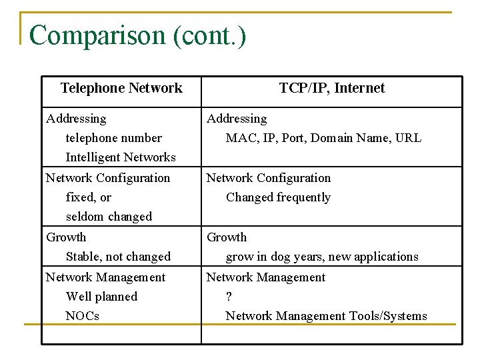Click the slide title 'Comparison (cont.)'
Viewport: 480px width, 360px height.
coord(137,35)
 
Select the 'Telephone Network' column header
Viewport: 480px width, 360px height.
coord(121,88)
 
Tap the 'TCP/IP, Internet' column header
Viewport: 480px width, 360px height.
coord(331,88)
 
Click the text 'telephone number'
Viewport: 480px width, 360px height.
coord(113,138)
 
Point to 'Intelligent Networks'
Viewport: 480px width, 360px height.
coord(121,157)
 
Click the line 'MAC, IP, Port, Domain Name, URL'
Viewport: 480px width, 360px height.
coord(323,138)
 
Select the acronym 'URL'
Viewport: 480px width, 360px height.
coord(408,138)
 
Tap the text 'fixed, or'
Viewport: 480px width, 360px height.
coord(89,197)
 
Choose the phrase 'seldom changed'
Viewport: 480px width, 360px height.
coord(109,217)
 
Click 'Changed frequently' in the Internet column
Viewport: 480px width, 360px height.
coord(278,197)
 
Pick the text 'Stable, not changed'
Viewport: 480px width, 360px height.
coord(118,257)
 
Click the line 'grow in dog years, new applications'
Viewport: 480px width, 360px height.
coord(322,257)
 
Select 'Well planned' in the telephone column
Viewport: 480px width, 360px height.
coord(101,297)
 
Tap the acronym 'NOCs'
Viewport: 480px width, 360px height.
coord(83,316)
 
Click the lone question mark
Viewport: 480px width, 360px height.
coord(229,297)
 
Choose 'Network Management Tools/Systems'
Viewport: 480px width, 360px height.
coord(326,316)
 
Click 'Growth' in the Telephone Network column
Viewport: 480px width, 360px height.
coord(66,237)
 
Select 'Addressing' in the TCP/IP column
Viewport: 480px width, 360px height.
coord(237,119)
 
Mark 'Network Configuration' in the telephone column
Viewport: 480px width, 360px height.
coord(108,178)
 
